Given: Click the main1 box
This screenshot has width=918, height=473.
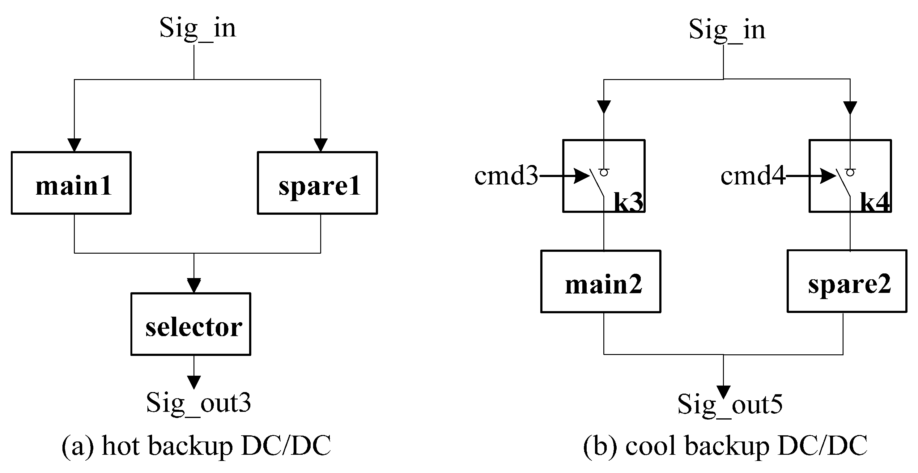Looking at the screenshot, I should (x=71, y=183).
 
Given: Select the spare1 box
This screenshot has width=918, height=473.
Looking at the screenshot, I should (x=317, y=183).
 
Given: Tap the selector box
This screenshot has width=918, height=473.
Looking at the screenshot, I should (x=191, y=324).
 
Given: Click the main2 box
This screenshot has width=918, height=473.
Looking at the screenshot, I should (x=601, y=281).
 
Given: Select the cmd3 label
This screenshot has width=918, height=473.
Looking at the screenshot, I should (x=506, y=176).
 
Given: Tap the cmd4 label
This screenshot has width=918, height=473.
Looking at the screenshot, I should (x=753, y=176).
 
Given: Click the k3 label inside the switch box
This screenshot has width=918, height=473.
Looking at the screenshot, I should (x=628, y=203).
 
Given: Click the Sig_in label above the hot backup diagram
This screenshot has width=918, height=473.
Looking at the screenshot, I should (x=198, y=28).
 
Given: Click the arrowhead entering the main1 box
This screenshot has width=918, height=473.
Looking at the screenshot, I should (x=74, y=145).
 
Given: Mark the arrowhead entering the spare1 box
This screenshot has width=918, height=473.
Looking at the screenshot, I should (x=321, y=145).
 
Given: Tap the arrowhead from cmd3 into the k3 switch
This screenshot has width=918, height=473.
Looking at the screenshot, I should (x=582, y=176).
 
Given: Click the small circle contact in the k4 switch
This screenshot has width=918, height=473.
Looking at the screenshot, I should (x=850, y=173).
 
